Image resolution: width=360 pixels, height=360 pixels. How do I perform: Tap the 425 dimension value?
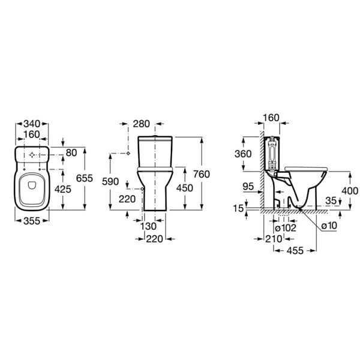[63, 189]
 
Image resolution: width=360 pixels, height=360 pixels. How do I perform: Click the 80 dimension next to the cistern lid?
[71, 153]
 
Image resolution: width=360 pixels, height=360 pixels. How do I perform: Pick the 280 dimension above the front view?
[142, 124]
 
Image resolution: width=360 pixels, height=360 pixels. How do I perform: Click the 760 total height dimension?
[202, 174]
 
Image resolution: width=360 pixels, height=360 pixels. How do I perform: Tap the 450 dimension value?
[184, 188]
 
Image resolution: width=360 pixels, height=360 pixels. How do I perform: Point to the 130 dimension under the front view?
[149, 226]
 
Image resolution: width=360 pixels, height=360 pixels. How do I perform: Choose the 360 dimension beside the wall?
[243, 154]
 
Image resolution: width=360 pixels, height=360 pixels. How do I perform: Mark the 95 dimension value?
[248, 187]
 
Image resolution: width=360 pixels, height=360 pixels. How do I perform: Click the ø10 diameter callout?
[328, 226]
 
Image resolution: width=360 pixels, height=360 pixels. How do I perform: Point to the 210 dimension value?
[274, 239]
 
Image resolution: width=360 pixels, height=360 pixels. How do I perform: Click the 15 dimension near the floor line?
[239, 208]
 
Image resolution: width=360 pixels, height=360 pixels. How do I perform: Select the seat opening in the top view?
[31, 191]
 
